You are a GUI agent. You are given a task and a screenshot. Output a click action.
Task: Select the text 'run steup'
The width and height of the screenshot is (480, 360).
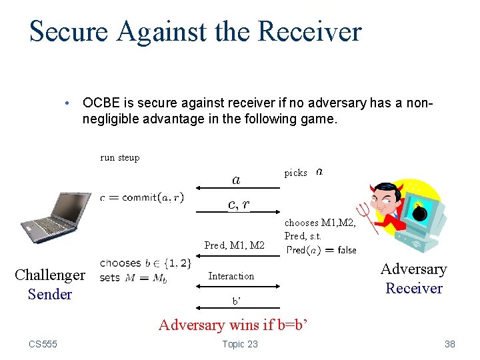click(120, 158)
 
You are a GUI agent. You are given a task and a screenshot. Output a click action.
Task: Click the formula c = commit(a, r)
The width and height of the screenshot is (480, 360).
click(141, 197)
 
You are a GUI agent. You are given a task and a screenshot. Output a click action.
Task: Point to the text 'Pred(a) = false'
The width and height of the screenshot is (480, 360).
click(321, 251)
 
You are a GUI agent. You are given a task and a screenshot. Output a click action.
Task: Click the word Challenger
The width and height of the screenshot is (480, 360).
click(50, 275)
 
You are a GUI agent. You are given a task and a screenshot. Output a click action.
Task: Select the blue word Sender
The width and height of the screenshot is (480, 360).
click(50, 294)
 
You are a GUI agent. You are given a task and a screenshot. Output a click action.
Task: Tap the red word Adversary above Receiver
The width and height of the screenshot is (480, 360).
click(413, 269)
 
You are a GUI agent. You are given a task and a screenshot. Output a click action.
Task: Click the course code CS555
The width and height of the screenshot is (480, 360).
click(43, 344)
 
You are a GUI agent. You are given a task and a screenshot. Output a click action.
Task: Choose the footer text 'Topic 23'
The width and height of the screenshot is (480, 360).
click(239, 344)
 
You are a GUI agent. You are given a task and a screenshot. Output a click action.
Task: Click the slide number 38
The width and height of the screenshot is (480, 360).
click(450, 344)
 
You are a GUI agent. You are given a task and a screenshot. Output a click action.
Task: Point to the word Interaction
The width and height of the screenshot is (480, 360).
click(231, 276)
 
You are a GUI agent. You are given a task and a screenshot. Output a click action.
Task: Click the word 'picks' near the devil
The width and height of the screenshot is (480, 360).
click(296, 173)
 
